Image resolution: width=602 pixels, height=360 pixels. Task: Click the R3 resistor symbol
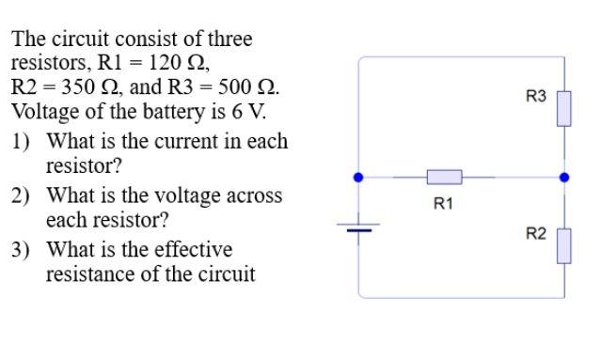(x=563, y=108)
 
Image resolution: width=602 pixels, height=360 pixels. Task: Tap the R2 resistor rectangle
(x=563, y=246)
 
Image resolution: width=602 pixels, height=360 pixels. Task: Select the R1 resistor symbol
(x=444, y=177)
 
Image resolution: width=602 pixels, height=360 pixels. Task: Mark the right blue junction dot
(x=563, y=177)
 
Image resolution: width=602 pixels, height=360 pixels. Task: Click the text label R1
(x=443, y=203)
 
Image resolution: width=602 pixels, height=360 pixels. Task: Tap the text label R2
(x=535, y=234)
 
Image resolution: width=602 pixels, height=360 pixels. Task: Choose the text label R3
(x=535, y=97)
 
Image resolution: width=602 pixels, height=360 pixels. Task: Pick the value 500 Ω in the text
(x=246, y=87)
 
